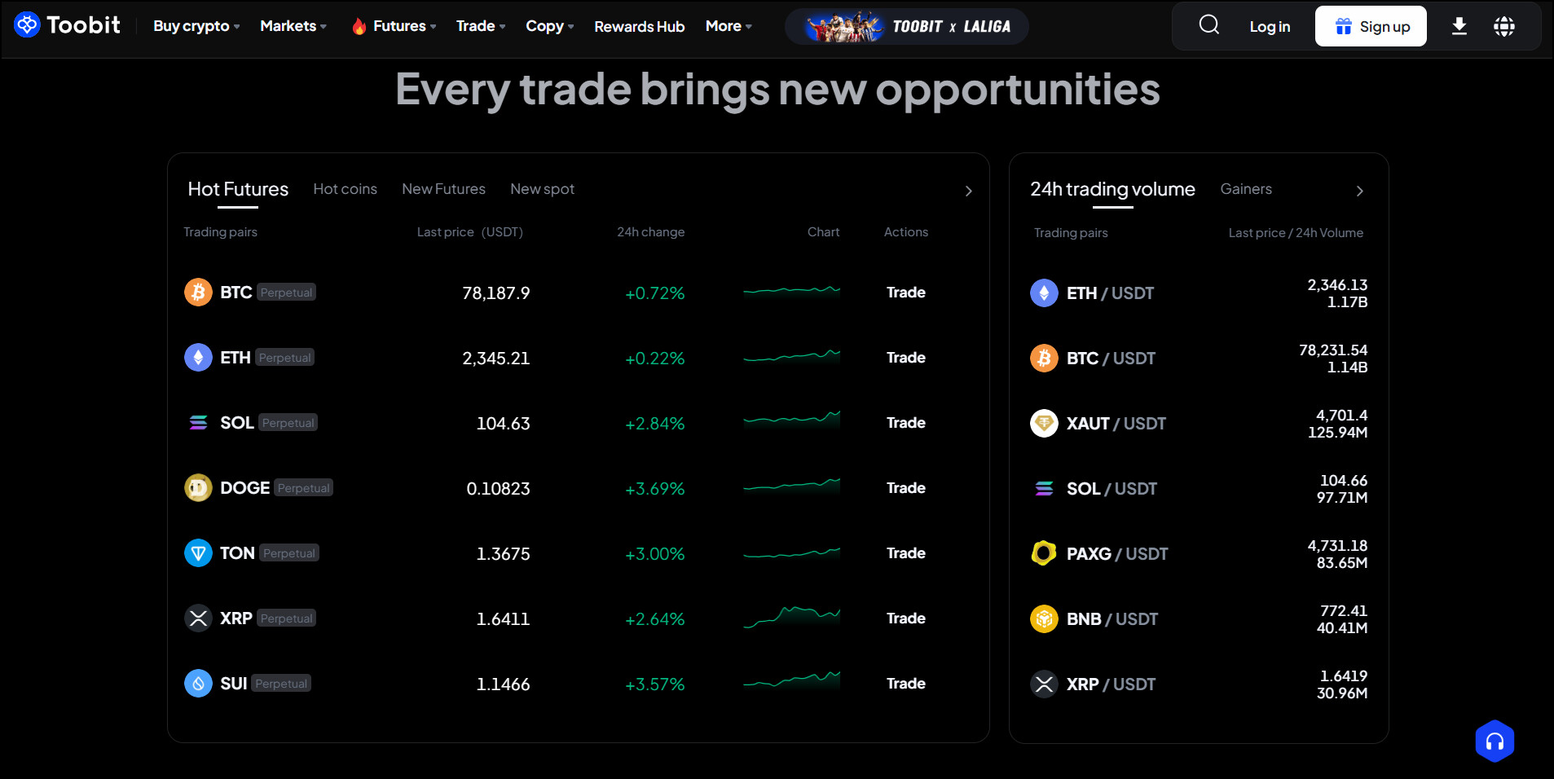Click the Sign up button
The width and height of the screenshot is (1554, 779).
1371,26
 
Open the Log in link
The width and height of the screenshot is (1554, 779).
1270,27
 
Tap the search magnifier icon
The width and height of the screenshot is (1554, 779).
1209,25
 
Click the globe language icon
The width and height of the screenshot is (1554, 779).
1504,27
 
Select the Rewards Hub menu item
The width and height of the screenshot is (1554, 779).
639,27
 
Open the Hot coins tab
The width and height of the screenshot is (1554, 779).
345,189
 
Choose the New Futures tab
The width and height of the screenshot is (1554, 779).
443,189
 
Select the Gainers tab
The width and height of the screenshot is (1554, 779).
1246,189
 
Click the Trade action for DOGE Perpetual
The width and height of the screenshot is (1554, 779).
905,488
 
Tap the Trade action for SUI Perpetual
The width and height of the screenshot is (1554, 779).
905,684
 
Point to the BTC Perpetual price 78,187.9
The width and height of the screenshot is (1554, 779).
495,293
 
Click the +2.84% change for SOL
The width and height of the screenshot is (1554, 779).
654,424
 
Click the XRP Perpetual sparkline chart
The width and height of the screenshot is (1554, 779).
791,617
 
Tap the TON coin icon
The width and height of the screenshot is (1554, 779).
198,553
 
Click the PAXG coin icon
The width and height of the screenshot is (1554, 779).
1044,553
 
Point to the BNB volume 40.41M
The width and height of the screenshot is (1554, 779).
1341,628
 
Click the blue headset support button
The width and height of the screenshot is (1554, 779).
1495,742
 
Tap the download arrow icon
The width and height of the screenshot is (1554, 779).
1459,27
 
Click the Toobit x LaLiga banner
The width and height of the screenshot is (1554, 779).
906,27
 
